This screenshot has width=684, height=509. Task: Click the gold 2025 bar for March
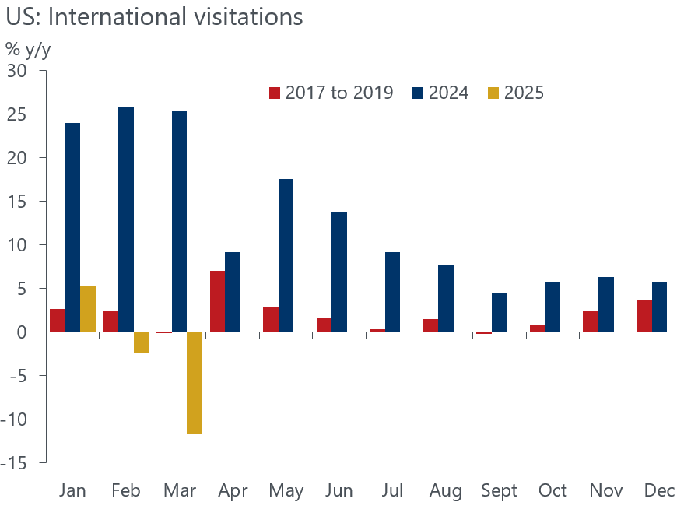195,382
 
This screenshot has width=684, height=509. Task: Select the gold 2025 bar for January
88,309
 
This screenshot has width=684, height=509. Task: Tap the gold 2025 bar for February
141,342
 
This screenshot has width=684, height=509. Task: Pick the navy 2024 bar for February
125,219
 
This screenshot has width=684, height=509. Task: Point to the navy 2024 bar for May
286,255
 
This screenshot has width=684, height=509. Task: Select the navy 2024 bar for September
499,312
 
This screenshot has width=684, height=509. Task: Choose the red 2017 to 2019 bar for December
643,316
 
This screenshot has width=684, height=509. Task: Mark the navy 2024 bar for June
338,272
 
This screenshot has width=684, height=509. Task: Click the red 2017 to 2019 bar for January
57,321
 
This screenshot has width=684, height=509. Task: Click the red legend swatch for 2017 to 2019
274,93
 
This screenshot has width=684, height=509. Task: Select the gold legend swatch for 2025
493,93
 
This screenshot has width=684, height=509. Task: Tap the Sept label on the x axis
499,491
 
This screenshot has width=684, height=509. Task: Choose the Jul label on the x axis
393,491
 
